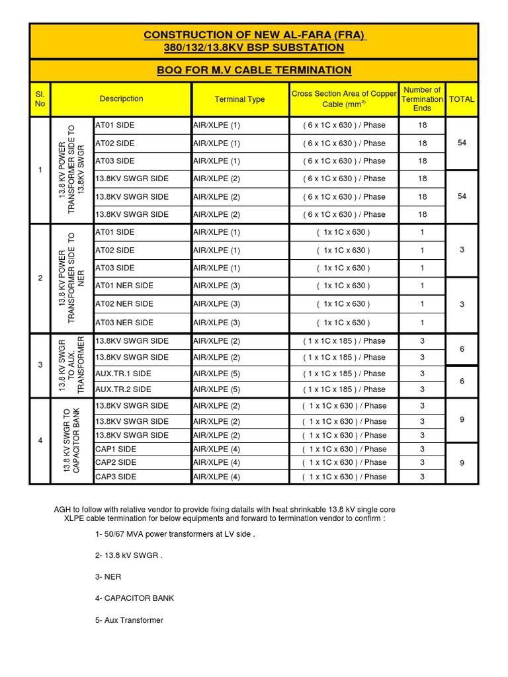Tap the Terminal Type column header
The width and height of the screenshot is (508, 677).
click(x=239, y=99)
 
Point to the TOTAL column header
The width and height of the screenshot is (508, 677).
click(x=462, y=99)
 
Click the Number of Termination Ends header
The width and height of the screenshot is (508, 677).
click(x=422, y=99)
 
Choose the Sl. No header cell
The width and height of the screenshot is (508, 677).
click(x=40, y=99)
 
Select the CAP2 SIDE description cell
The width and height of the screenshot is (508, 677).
click(x=116, y=463)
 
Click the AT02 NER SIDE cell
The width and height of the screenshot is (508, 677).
click(x=124, y=304)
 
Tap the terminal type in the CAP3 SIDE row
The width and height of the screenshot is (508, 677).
click(x=216, y=477)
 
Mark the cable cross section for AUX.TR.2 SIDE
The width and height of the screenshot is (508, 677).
click(x=344, y=389)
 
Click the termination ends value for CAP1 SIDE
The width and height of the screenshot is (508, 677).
click(x=422, y=449)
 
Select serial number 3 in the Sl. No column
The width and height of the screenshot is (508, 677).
click(x=40, y=365)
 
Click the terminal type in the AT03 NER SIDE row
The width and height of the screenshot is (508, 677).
click(x=216, y=323)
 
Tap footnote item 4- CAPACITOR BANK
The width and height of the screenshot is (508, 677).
click(x=135, y=598)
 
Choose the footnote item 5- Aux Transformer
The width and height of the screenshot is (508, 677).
click(x=130, y=620)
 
